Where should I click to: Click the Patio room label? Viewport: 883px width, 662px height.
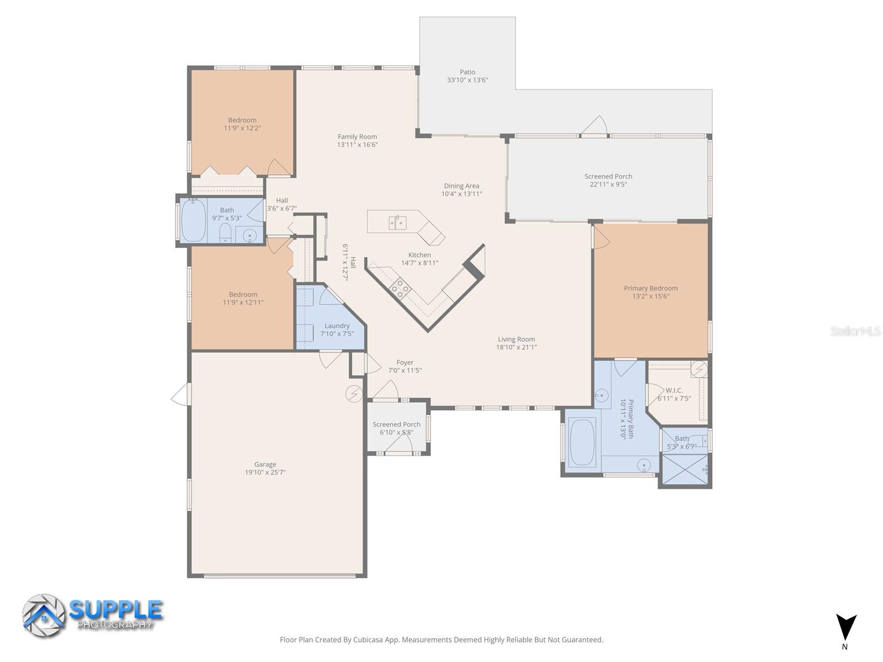click(x=467, y=72)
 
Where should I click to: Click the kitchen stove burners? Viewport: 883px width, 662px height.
click(x=399, y=289)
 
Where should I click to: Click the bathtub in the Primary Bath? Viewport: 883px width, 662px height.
click(x=582, y=442)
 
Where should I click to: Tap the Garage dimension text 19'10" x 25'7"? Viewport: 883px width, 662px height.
click(x=265, y=472)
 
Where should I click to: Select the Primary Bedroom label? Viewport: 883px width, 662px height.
click(x=651, y=288)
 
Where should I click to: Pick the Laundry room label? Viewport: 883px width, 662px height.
click(x=337, y=325)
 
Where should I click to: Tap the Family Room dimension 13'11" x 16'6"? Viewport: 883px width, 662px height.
click(x=357, y=145)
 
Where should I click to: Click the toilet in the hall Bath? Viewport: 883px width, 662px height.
click(x=225, y=234)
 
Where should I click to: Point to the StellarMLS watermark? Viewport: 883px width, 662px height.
click(x=855, y=331)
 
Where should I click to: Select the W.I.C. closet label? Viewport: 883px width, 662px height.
click(x=674, y=390)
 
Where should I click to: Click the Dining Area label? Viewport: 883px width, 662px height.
click(x=461, y=186)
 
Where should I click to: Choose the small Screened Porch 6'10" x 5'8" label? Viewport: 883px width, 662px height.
click(x=396, y=424)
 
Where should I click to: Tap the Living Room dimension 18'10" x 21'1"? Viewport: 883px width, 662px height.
click(x=516, y=347)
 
